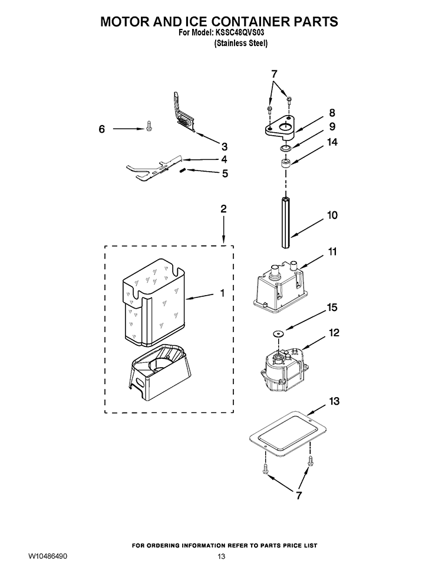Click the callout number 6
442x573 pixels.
pyautogui.click(x=101, y=129)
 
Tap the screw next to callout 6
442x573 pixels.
pyautogui.click(x=149, y=126)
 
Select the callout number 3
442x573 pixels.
pyautogui.click(x=224, y=146)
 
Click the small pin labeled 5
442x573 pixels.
pyautogui.click(x=183, y=171)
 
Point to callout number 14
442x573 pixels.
pyautogui.click(x=332, y=142)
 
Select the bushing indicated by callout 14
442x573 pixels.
pyautogui.click(x=285, y=163)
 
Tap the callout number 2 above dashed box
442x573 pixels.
pyautogui.click(x=223, y=208)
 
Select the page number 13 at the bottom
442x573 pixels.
pyautogui.click(x=221, y=557)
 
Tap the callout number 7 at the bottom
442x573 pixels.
pyautogui.click(x=299, y=496)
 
